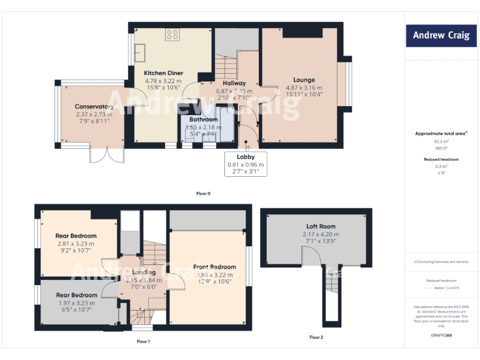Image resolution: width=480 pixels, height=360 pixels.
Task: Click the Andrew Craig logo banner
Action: point(441,36)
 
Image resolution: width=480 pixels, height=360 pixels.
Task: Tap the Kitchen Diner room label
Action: point(163,73)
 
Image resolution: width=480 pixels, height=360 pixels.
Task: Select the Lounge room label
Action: point(304,80)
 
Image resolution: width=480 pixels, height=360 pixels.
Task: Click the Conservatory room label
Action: point(94,107)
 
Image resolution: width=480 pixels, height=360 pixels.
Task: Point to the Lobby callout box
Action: point(245,164)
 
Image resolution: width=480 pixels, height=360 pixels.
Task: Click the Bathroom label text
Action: point(203,119)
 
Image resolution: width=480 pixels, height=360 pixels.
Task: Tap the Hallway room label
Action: point(234,83)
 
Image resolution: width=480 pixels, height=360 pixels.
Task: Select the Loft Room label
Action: point(320,226)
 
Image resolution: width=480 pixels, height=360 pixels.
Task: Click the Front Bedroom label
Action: point(214,267)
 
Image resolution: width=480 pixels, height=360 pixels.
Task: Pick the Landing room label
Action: point(144,272)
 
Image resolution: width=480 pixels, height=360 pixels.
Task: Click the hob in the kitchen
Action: point(173,35)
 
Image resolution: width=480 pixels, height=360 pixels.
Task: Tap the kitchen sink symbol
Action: point(139,52)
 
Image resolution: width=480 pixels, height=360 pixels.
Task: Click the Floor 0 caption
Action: point(203,194)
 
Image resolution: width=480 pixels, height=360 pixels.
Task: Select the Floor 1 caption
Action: point(143,342)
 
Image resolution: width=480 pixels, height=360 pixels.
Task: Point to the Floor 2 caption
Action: point(316,337)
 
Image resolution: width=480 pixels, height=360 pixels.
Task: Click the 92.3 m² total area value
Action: point(441,142)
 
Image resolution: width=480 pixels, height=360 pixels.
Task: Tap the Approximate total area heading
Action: point(441,134)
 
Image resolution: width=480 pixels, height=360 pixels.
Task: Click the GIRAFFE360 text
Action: point(441,336)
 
